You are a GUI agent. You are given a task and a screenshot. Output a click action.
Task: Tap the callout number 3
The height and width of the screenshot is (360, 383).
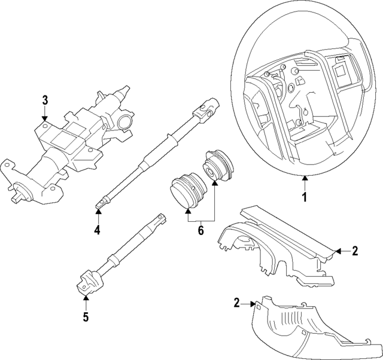[x=45, y=100]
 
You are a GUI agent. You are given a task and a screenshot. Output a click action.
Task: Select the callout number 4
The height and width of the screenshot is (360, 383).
[x=98, y=229]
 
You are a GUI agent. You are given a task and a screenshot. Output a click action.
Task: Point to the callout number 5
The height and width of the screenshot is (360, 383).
[x=86, y=316]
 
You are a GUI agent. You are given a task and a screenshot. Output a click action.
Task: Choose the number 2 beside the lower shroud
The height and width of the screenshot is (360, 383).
[x=237, y=303]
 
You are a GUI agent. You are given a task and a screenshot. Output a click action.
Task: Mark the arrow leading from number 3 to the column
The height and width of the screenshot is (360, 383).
[x=45, y=117]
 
